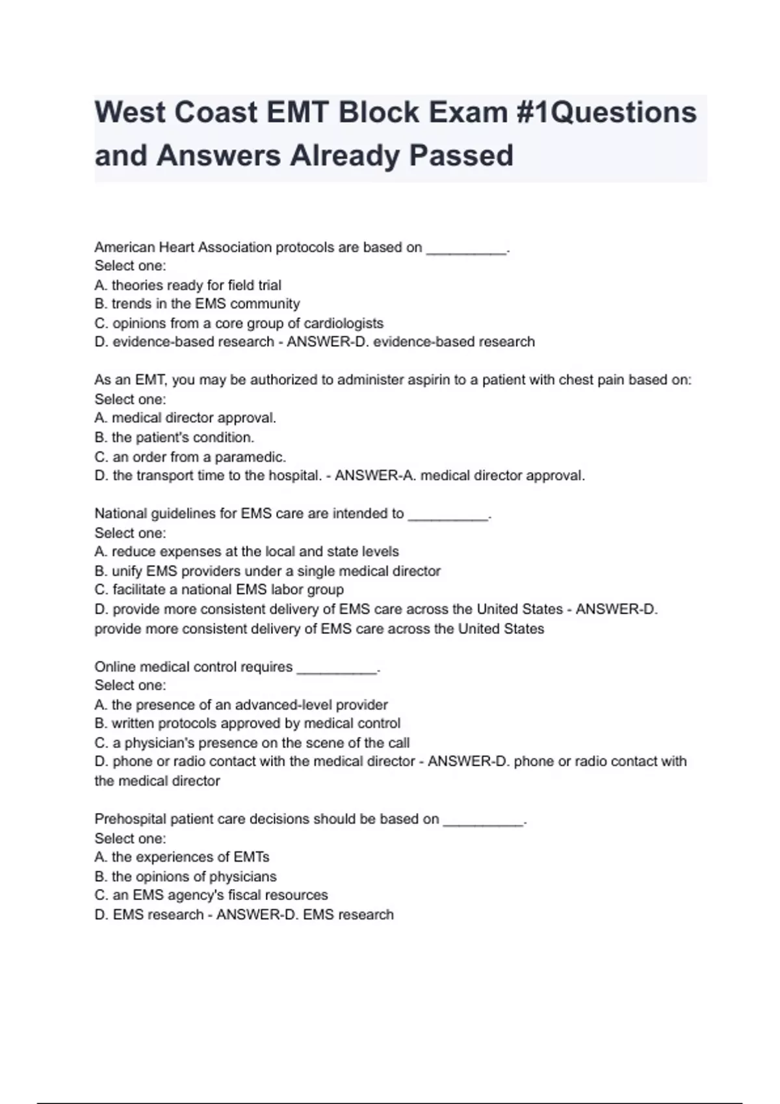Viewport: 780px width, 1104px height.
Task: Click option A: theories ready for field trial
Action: (x=188, y=285)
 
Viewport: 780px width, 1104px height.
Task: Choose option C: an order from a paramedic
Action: (x=190, y=457)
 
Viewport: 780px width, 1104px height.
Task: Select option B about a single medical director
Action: (x=267, y=571)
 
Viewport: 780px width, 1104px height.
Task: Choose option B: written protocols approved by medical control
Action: (x=247, y=723)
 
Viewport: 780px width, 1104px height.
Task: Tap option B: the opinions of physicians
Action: (x=185, y=876)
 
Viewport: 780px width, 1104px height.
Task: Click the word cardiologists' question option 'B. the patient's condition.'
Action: (x=174, y=437)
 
